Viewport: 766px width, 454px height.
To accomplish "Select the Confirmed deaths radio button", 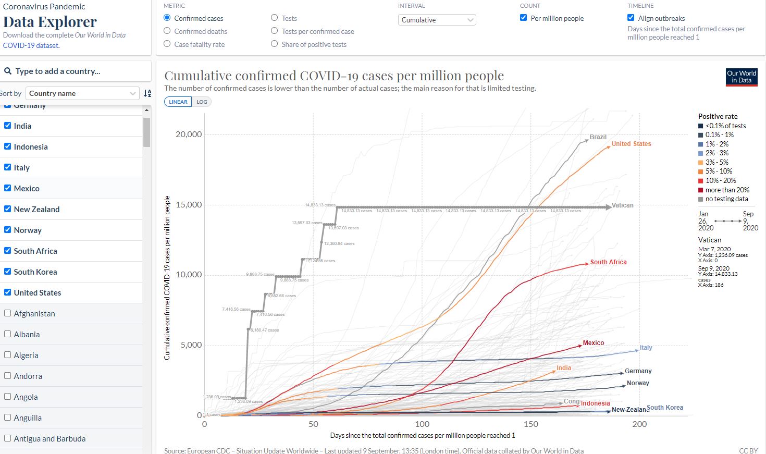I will tap(167, 31).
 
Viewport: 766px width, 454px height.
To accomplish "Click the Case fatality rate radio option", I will tap(167, 44).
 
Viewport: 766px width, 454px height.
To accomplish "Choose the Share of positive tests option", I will tap(275, 44).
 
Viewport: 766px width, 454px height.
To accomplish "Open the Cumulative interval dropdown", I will tap(437, 20).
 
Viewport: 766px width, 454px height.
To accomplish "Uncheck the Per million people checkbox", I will tap(524, 18).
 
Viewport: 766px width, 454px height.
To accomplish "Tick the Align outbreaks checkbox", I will tap(631, 18).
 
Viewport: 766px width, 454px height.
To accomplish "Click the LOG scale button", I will tap(202, 102).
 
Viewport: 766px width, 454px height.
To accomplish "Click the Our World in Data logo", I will tap(742, 77).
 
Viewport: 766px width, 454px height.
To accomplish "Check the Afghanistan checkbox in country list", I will tap(8, 313).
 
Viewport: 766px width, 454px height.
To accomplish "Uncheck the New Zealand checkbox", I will tap(8, 209).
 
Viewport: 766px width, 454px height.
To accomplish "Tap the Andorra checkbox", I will tap(8, 376).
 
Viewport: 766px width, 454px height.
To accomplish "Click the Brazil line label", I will tap(598, 137).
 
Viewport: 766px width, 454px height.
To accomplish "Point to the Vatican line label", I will tap(622, 205).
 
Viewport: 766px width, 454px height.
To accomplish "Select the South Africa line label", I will tap(608, 262).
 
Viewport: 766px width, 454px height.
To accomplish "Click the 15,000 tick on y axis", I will tap(189, 205).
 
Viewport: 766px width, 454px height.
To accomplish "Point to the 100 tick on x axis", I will tap(422, 424).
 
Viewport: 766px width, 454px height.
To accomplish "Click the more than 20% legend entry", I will tap(727, 190).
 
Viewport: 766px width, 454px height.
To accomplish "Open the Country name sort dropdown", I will tap(82, 93).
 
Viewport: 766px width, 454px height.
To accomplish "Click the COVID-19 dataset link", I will tap(31, 45).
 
